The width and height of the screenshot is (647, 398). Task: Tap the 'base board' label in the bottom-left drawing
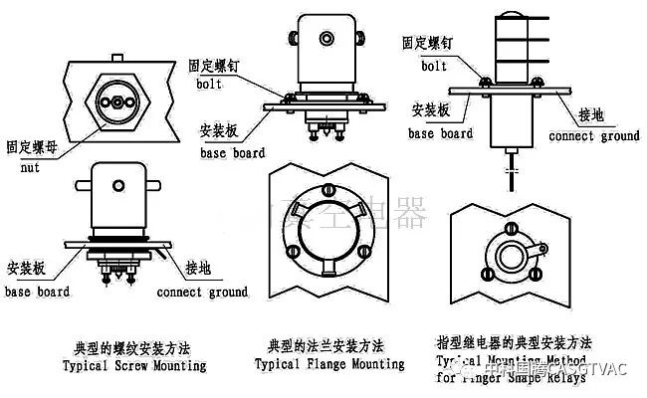tap(38, 293)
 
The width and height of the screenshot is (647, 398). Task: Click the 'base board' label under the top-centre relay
tap(232, 154)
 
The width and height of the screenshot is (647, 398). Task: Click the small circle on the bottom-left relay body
tap(117, 183)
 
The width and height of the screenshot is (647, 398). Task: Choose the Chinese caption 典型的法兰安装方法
tap(325, 347)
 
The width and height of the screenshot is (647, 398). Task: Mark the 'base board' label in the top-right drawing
tap(442, 133)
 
